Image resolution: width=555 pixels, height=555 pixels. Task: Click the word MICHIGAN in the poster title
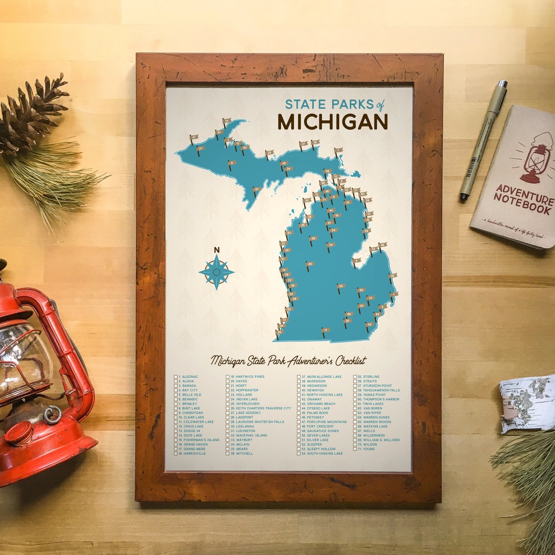coord(332,122)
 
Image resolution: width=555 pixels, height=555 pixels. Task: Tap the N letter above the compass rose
coord(216,250)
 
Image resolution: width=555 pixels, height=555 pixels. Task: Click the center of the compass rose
coord(216,272)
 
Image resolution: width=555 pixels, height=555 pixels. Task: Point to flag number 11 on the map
coord(324,330)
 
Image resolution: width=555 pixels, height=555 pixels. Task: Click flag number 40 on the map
coord(308,264)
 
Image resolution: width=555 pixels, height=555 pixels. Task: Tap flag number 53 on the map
coord(340,286)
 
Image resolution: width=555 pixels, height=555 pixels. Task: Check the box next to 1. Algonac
coord(176,377)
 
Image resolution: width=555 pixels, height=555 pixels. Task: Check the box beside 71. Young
coord(355,449)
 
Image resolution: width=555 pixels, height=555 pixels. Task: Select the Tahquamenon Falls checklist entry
coord(381,390)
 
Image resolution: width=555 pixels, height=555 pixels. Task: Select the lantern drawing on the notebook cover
coord(535,159)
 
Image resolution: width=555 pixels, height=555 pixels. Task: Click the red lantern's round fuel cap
coord(20,433)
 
